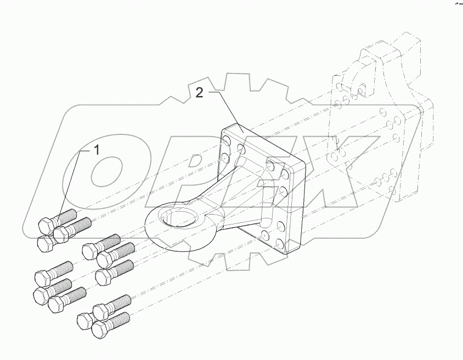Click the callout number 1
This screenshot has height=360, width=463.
click(x=97, y=150)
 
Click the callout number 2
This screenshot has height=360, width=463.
click(x=200, y=93)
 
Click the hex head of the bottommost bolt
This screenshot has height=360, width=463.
click(x=99, y=329)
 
